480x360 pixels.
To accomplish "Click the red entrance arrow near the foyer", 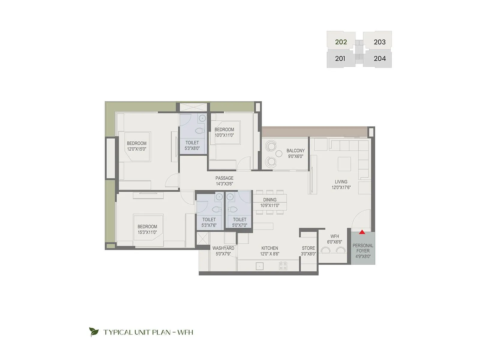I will coord(362,232).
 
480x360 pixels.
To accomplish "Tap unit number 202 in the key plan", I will coord(341,42).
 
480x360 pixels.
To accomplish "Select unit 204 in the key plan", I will coord(379,58).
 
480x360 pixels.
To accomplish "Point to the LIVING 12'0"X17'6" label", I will coord(341,184).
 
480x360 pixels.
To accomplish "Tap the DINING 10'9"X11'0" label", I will coord(269,202).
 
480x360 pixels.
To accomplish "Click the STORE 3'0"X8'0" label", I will coord(308,251).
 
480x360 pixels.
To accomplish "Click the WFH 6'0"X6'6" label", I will coord(334,239).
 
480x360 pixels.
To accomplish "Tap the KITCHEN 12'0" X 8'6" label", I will coord(269,251).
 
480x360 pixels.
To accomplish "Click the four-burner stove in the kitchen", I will coord(283,266).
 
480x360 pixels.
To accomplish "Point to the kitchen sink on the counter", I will coord(259,266).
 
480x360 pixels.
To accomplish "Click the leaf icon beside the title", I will coord(94,332).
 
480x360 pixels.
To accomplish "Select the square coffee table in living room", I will coord(344,164).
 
